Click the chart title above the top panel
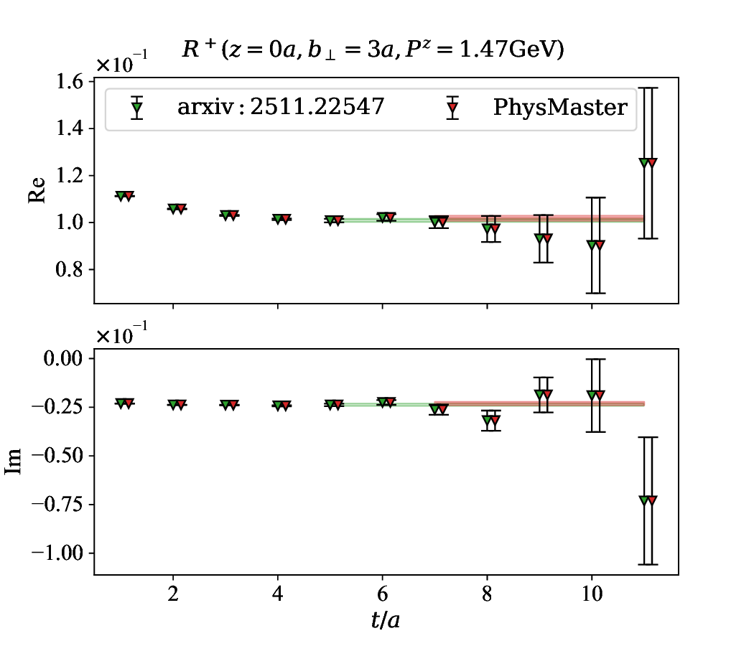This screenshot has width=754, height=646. [x=386, y=50]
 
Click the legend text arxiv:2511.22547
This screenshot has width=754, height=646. [x=281, y=108]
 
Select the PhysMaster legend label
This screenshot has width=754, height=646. [x=560, y=108]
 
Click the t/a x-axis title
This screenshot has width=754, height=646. [x=386, y=619]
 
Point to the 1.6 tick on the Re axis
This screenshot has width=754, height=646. [x=69, y=82]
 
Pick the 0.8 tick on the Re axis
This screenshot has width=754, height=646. [x=69, y=270]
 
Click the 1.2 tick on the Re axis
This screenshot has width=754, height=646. [x=69, y=176]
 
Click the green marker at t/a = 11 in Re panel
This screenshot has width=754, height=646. [x=643, y=163]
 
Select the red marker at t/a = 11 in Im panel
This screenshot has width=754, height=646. [x=651, y=500]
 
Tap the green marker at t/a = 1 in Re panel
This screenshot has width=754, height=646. [x=120, y=196]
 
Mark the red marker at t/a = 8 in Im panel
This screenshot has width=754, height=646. [x=495, y=421]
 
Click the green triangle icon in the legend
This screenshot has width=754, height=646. [x=137, y=108]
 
